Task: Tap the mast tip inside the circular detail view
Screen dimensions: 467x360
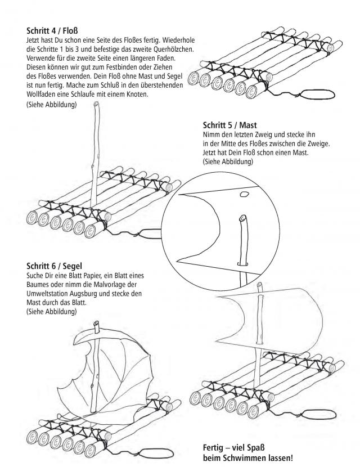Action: (242, 217)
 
